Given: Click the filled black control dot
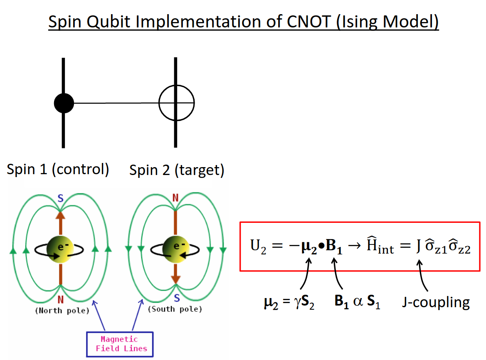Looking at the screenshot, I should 64,103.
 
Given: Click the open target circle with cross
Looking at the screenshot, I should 176,102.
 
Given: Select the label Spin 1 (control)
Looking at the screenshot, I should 58,169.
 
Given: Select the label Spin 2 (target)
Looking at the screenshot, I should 177,170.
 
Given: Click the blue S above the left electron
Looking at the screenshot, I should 60,198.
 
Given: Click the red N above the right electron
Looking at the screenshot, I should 175,198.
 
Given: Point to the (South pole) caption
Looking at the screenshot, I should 175,309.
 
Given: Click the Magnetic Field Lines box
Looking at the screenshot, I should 119,344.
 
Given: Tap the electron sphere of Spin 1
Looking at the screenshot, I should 60,249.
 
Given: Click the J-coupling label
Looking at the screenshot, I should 436,302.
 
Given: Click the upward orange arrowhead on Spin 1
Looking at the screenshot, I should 60,215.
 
